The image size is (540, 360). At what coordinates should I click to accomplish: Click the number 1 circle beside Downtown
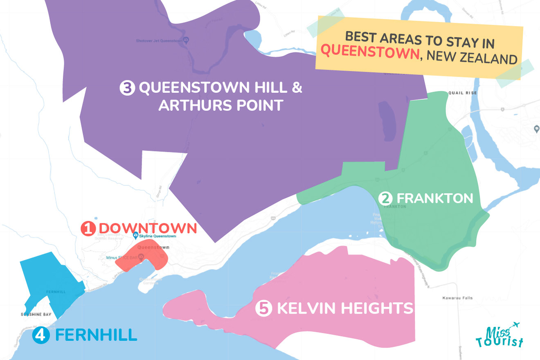(x=88, y=229)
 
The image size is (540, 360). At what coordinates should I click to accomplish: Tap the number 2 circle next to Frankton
(x=385, y=199)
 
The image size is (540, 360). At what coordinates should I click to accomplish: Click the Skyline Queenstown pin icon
(x=136, y=236)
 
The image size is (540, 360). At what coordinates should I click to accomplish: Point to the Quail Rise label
(x=462, y=93)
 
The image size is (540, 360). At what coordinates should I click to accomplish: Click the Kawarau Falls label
(x=458, y=298)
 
